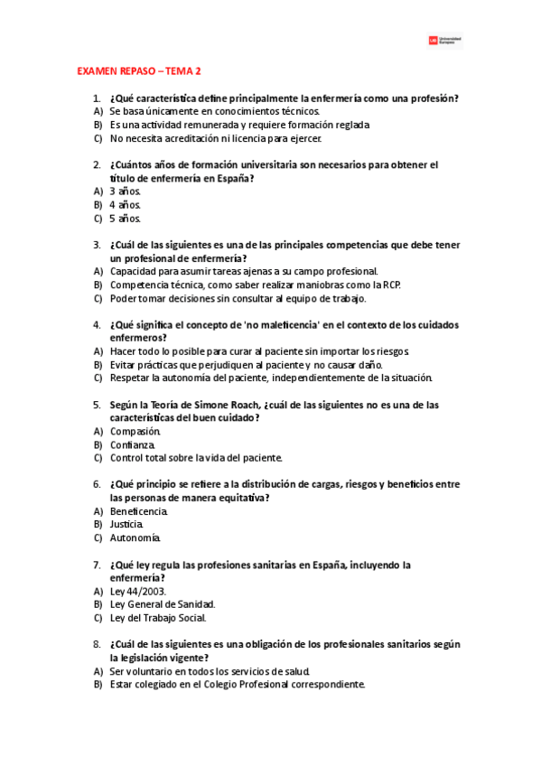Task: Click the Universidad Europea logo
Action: pyautogui.click(x=444, y=41)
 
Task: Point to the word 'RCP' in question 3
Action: pyautogui.click(x=389, y=285)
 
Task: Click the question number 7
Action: pyautogui.click(x=97, y=565)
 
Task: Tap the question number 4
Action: pyautogui.click(x=97, y=324)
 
